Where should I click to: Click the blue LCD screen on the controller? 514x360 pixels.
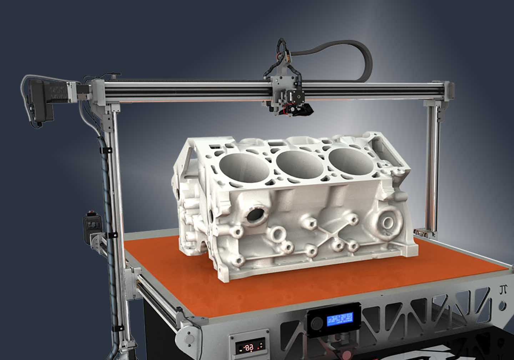click(340, 318)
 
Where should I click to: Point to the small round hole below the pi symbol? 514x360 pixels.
click(503, 306)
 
